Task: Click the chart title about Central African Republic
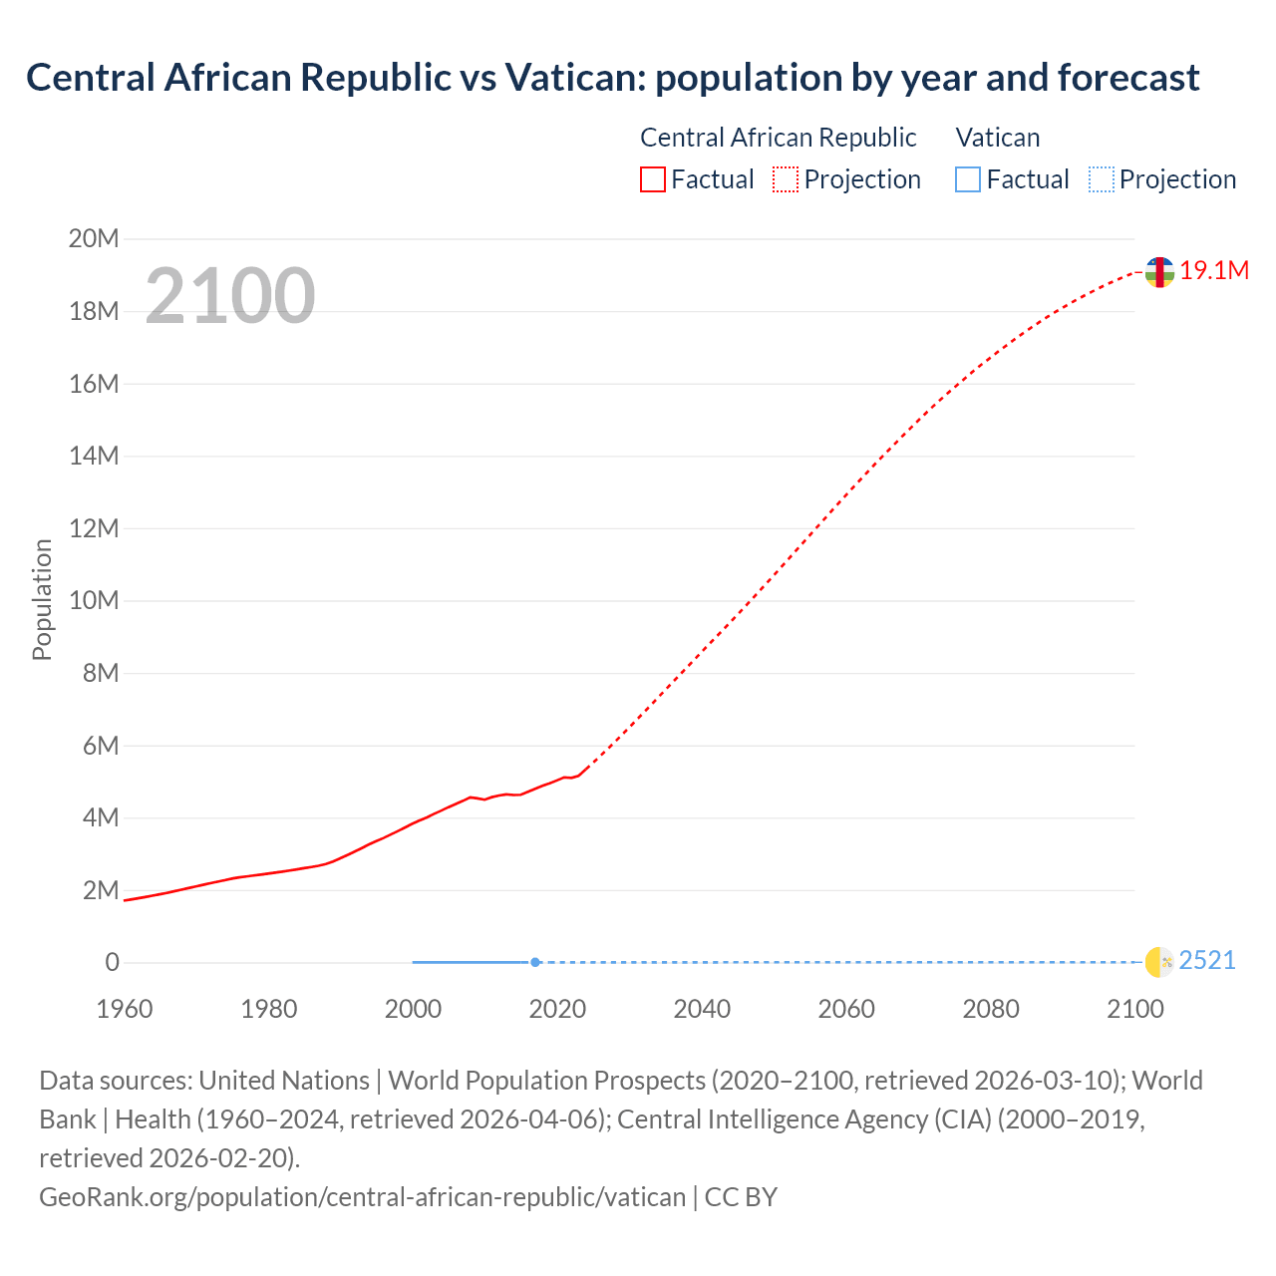[x=612, y=78]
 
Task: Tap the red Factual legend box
[x=652, y=179]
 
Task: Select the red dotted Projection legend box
[x=786, y=179]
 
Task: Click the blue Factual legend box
[x=967, y=179]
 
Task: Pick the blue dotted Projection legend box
[x=1101, y=179]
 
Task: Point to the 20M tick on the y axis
[x=94, y=239]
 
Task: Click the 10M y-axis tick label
[x=94, y=601]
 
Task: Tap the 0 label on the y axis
[x=112, y=963]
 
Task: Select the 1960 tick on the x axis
[x=125, y=1009]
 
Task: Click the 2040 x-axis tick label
[x=702, y=1009]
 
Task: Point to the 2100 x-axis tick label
[x=1135, y=1009]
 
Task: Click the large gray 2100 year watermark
[x=230, y=296]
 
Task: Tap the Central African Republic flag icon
[x=1159, y=271]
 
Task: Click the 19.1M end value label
[x=1214, y=271]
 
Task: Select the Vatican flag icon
[x=1159, y=962]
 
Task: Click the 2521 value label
[x=1207, y=961]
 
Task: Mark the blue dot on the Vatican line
[x=535, y=962]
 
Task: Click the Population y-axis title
[x=42, y=599]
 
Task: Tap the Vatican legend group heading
[x=998, y=138]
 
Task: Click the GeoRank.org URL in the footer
[x=362, y=1197]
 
